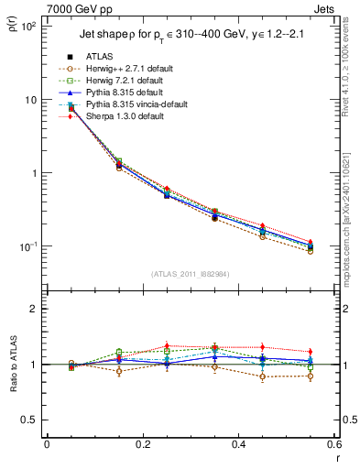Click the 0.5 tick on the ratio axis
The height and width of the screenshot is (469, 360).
coord(32,420)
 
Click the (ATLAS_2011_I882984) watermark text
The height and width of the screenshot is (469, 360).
coord(190,274)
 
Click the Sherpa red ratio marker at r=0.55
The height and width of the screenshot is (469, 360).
coord(310,352)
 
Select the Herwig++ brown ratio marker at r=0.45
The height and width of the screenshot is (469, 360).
coord(262,376)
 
